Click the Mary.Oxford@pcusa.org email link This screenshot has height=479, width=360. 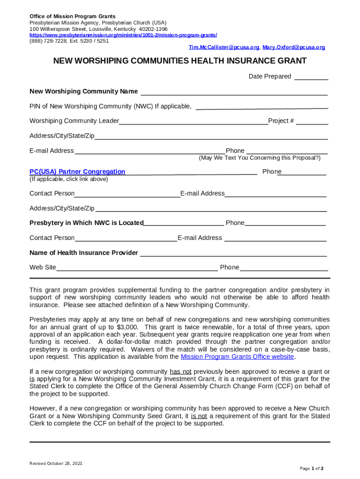[x=294, y=47]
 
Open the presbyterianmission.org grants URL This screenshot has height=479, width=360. [x=123, y=35]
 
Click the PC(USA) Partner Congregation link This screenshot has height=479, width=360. [x=77, y=172]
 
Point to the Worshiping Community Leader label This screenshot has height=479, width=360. [x=74, y=121]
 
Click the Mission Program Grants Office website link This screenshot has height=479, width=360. [x=237, y=356]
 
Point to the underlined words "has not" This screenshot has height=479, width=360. [x=180, y=371]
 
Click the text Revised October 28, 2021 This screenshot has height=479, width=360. [x=56, y=464]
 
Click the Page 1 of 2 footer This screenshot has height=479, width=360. [x=311, y=468]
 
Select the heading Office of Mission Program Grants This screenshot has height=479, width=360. [x=72, y=16]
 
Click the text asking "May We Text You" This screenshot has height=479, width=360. [x=259, y=158]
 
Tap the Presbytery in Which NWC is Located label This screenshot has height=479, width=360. [x=86, y=223]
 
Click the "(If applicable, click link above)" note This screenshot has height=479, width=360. [x=69, y=179]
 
